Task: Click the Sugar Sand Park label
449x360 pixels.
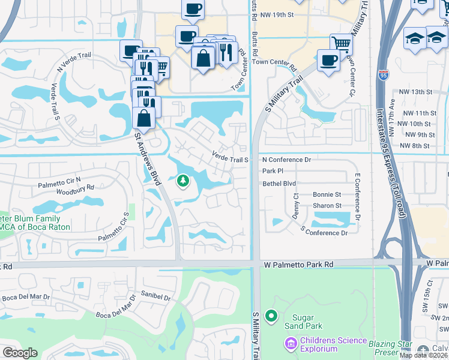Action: click(307, 321)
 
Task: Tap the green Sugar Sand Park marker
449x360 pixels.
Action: click(271, 315)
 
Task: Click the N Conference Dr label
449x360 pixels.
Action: click(287, 160)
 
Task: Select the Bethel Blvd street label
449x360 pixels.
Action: click(279, 183)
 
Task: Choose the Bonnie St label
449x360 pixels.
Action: click(327, 195)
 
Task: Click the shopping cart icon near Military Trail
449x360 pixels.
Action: click(341, 43)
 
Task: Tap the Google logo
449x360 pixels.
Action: click(20, 353)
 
